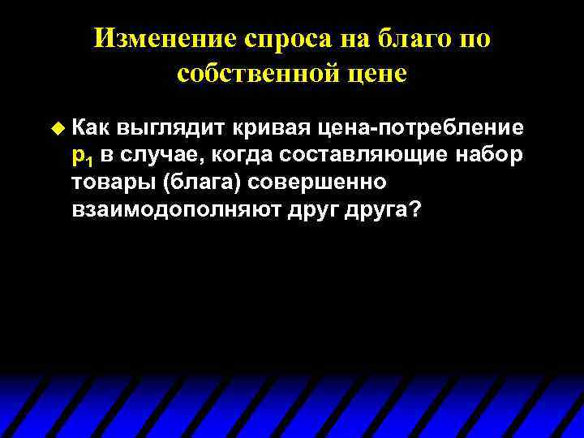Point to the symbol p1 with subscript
pyautogui.click(x=83, y=156)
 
